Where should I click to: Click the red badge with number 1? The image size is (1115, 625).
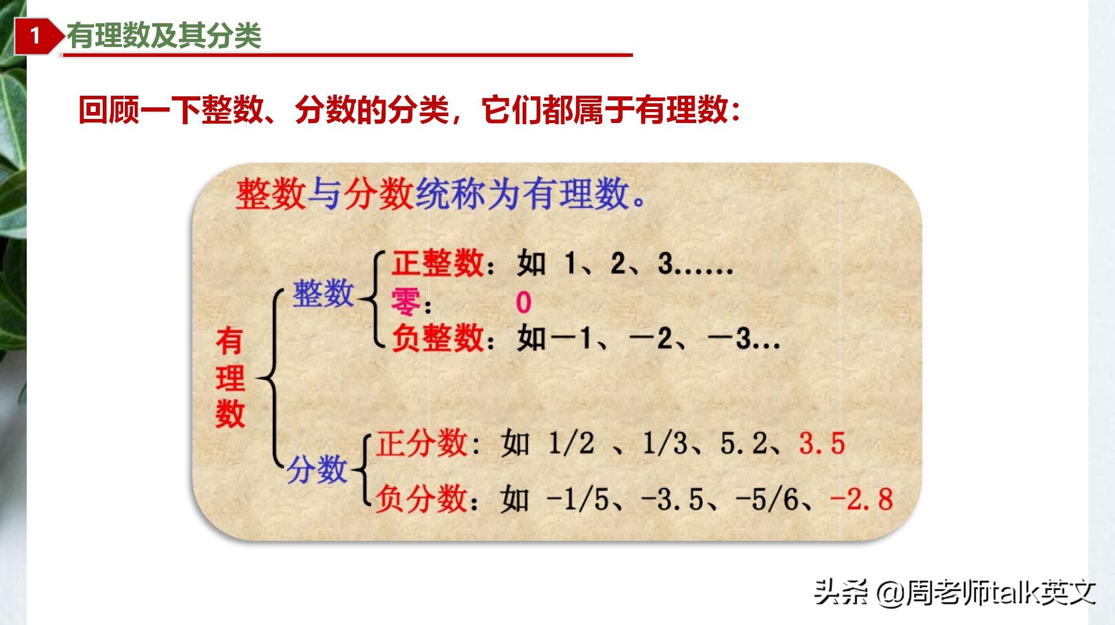coord(35,36)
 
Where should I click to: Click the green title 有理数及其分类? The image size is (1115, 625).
coord(164,36)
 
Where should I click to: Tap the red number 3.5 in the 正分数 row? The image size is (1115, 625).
coord(822,444)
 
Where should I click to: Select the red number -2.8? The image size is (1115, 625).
coord(861,500)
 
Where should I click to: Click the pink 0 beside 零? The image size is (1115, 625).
coord(523,302)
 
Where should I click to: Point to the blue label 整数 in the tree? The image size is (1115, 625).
coord(323,293)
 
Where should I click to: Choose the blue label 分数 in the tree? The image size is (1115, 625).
coord(317,469)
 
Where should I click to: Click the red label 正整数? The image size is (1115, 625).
coord(438,263)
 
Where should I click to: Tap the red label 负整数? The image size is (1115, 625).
coord(438,338)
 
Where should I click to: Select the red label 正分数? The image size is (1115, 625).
coord(422,444)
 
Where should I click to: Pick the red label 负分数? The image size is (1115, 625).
coord(422,500)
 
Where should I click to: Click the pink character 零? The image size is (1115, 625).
coord(405,302)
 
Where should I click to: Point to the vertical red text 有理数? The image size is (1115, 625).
coord(230,378)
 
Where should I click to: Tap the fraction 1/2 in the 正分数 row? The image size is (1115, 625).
coord(571,444)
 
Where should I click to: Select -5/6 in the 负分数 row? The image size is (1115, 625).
coord(767,500)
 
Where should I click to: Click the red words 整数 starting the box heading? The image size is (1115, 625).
coord(270,194)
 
